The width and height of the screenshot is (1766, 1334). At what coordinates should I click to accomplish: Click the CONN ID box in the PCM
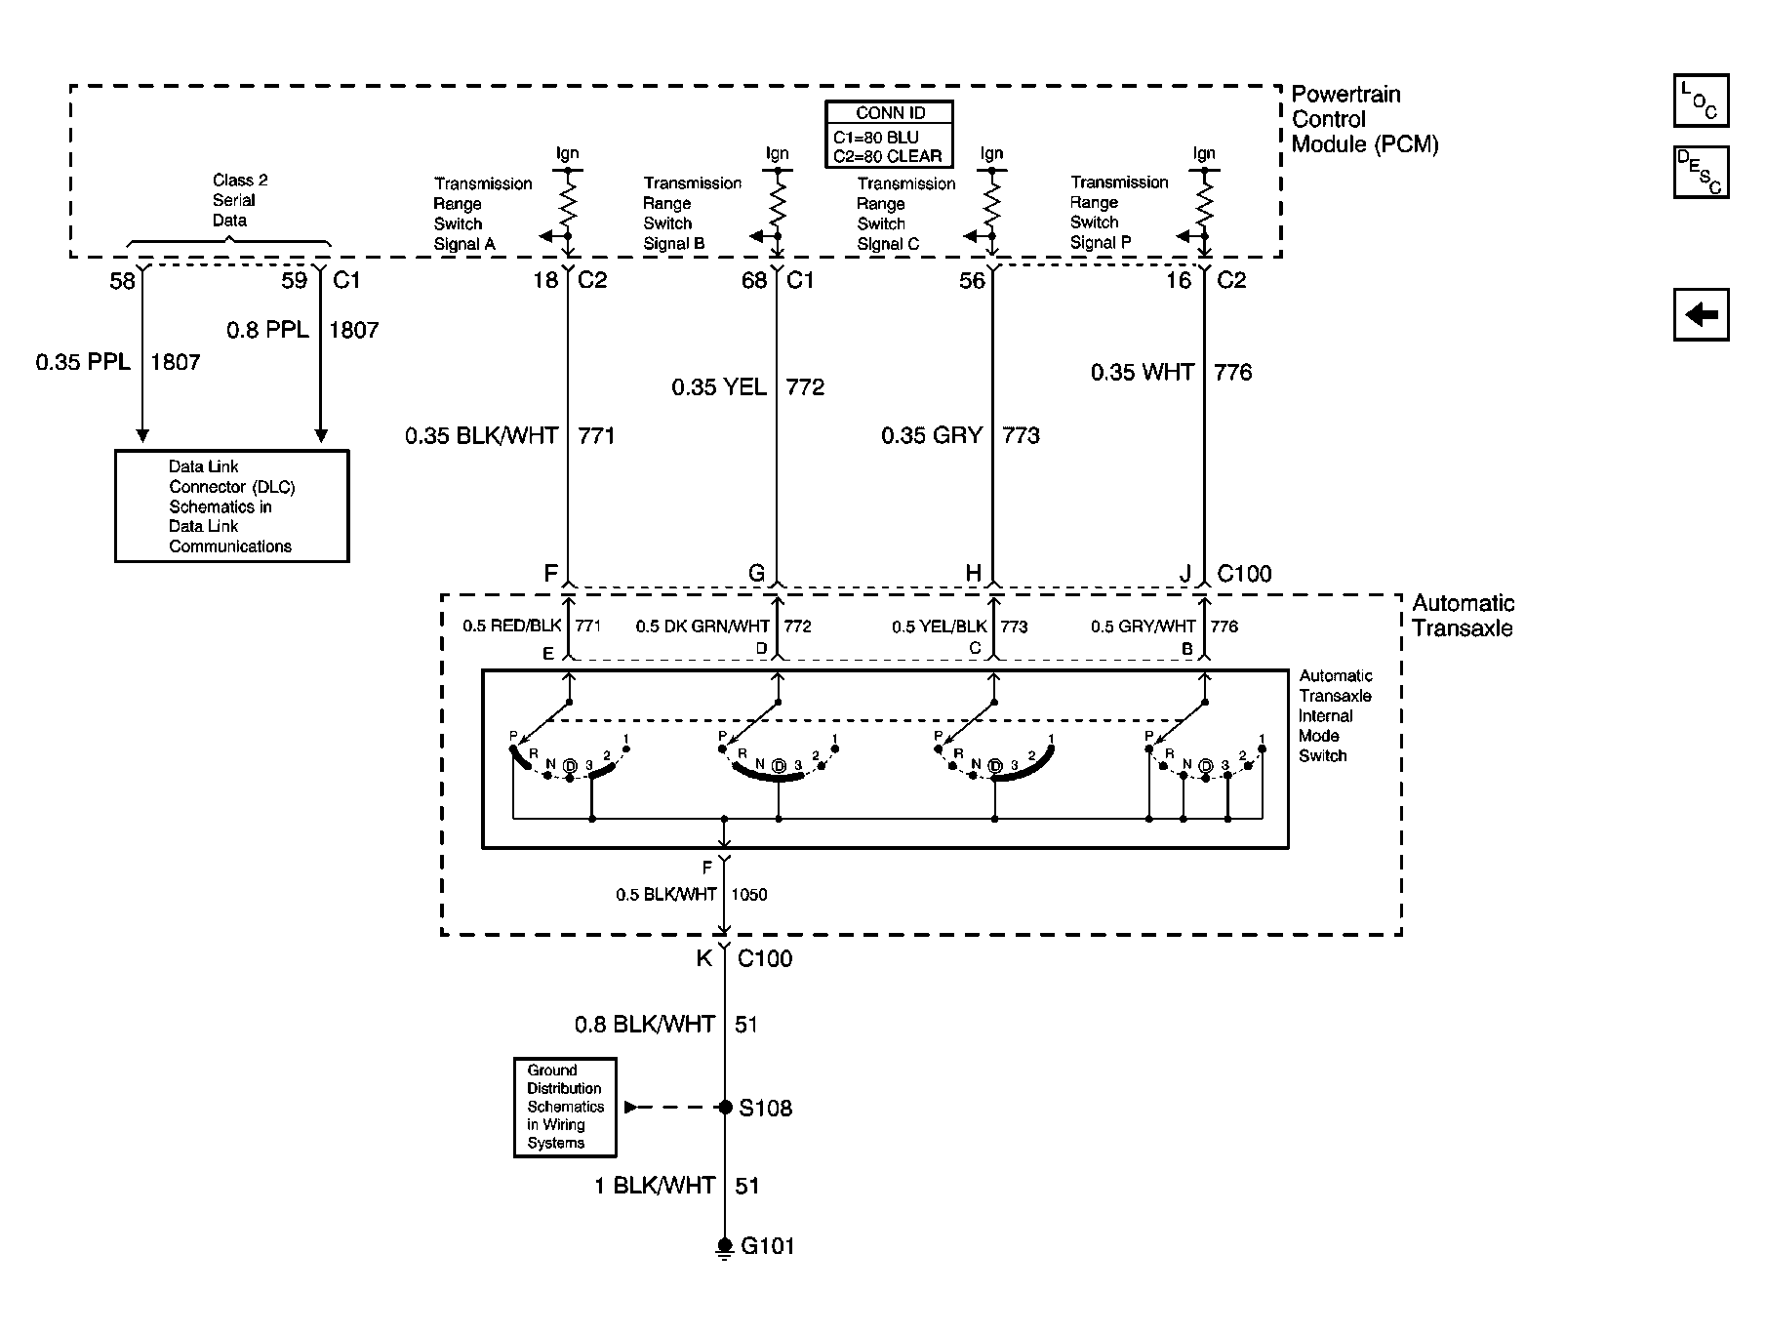889,135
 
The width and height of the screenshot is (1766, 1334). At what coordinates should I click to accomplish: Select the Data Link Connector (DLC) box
232,505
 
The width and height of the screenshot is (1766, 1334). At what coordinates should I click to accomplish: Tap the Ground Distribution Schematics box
565,1108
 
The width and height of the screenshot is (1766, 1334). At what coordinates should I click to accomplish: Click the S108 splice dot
725,1108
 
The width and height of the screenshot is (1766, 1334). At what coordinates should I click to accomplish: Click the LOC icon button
1701,101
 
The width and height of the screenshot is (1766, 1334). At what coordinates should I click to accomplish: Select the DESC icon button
1701,173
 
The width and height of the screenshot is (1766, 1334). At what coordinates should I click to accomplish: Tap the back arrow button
1701,314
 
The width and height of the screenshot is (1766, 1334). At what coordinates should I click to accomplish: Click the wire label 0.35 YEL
719,387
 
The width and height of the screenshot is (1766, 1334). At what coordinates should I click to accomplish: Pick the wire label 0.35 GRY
931,435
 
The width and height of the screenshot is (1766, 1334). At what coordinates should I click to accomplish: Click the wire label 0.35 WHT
1143,372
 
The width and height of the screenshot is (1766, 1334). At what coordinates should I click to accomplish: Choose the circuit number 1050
748,895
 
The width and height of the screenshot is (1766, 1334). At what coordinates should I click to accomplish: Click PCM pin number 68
754,281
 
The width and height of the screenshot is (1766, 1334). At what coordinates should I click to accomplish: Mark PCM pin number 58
122,281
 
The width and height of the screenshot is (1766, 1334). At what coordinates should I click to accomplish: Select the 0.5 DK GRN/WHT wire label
702,627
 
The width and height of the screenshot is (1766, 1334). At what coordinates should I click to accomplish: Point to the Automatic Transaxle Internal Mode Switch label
1335,715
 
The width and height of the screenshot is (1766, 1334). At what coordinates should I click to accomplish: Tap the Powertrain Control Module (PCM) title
1364,119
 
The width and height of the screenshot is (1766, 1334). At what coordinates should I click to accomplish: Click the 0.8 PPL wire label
267,330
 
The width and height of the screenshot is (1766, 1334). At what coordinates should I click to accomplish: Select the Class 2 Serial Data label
234,200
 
